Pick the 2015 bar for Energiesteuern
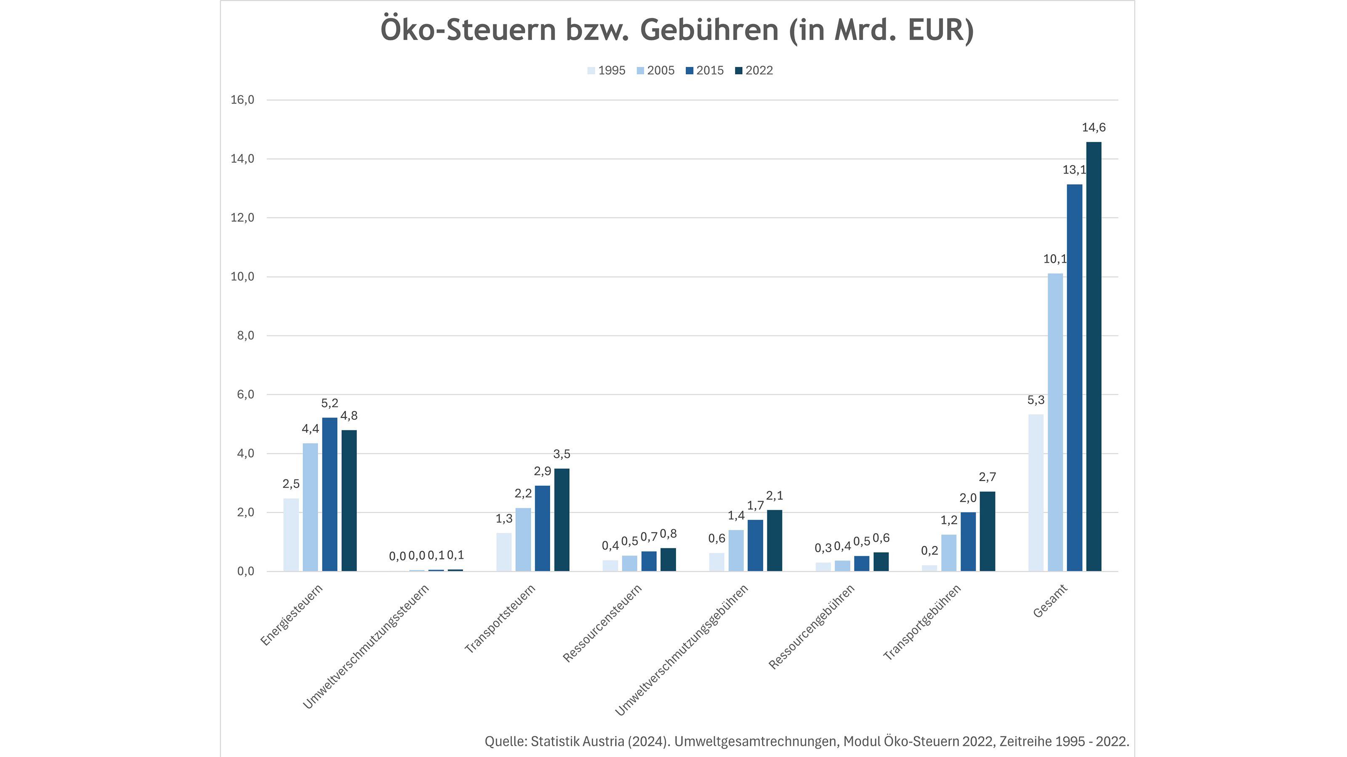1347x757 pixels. click(x=330, y=494)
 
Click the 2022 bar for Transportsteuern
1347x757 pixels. click(x=562, y=520)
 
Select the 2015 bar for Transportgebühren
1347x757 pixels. click(x=968, y=542)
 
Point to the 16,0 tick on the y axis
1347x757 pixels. click(x=242, y=100)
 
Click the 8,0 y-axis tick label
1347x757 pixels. click(x=246, y=336)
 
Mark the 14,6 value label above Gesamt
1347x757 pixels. click(x=1094, y=127)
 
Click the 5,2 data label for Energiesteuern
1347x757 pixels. click(x=330, y=403)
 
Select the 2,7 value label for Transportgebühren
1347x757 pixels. click(x=987, y=477)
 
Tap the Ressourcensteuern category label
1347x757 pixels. click(x=602, y=623)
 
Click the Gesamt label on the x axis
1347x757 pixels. click(x=1049, y=601)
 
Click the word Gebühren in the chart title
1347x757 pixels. click(x=709, y=30)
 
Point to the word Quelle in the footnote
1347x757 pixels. click(x=505, y=741)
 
